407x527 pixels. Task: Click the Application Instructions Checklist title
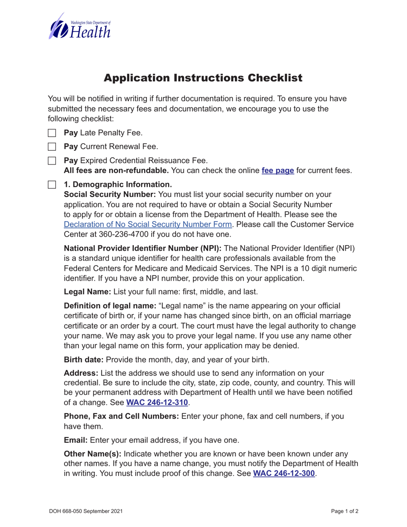coord(203,78)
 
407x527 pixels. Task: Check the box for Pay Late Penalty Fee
coord(52,133)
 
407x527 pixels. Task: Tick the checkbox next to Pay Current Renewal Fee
coord(52,147)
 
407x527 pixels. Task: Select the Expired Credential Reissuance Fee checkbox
coord(52,161)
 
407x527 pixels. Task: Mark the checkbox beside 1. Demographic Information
coord(52,185)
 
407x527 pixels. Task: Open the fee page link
coord(278,171)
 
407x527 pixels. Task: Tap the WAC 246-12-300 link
coord(284,473)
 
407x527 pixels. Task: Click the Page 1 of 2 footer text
coord(344,511)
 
